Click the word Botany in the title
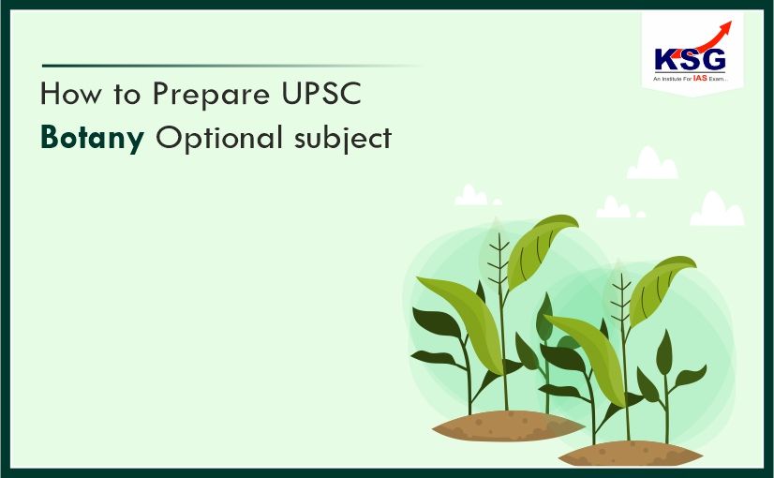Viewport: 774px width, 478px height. (x=92, y=138)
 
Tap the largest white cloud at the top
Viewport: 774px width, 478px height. (x=652, y=165)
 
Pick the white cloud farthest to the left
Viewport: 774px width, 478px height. (x=471, y=196)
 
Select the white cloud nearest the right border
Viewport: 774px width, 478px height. (x=717, y=211)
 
